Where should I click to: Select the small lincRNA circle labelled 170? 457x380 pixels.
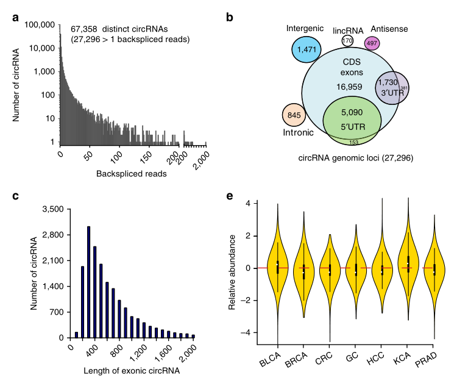[347, 40]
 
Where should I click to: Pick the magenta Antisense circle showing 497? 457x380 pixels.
[372, 43]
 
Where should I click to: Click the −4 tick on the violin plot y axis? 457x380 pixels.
[247, 332]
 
